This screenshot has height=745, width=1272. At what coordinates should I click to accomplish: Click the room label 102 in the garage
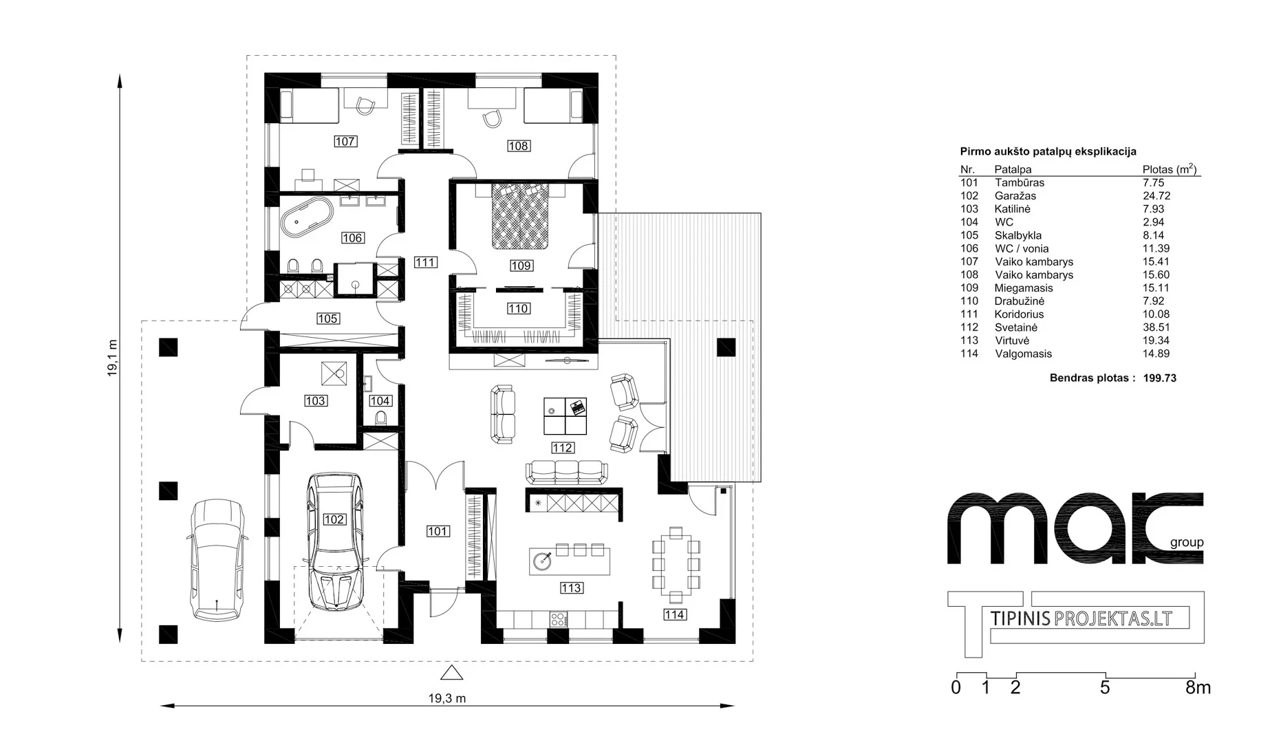coord(334,519)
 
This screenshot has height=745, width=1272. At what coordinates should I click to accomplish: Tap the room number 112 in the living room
coord(562,448)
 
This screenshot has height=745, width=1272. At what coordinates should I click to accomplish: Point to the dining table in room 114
coord(676,561)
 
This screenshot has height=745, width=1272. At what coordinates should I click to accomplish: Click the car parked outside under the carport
coord(217,559)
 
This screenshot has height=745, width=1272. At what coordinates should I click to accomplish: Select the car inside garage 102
coord(334,541)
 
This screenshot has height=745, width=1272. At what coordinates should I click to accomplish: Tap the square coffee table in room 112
coord(565,416)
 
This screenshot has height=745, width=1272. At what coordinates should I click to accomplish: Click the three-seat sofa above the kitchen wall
coord(567,473)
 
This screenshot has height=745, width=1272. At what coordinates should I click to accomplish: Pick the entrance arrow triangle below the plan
coord(451,673)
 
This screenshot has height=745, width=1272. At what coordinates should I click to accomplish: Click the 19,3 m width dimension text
coord(447,698)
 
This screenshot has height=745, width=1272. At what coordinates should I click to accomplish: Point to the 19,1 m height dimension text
coord(112,358)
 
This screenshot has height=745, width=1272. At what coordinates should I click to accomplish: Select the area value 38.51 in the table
coord(1156,327)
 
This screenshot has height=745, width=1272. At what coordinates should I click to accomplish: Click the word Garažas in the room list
coord(1015,195)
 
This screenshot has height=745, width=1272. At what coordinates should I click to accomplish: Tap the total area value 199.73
coord(1160,378)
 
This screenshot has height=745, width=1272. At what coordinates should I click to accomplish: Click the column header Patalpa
coord(1013,169)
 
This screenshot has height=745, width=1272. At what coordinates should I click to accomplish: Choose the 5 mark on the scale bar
coord(1105,687)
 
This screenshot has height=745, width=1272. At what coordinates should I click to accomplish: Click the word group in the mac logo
coord(1187,543)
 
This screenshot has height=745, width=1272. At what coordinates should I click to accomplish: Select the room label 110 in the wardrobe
coord(518,309)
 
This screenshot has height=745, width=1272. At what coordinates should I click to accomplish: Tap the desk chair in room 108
coord(492,118)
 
